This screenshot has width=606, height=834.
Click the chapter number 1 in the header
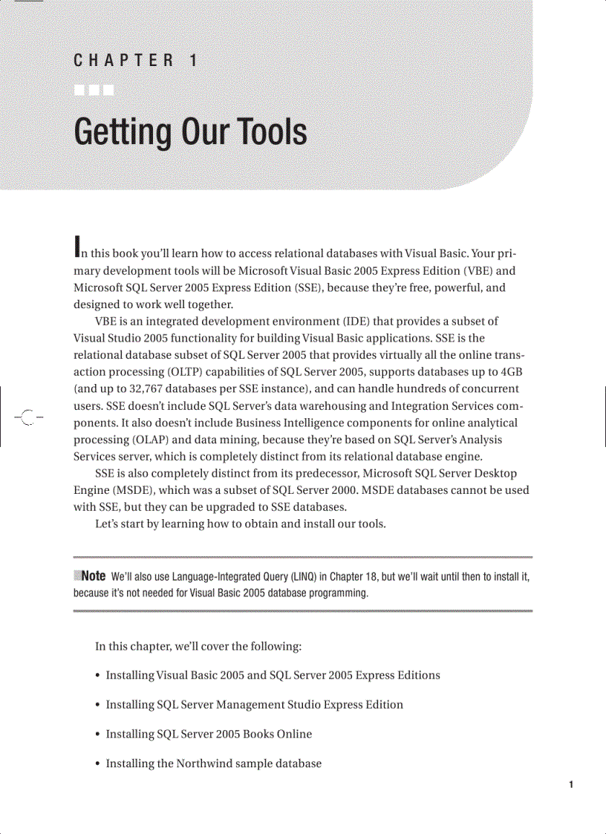(x=193, y=61)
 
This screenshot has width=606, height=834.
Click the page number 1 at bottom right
(x=570, y=784)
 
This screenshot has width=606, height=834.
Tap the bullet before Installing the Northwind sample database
(x=98, y=763)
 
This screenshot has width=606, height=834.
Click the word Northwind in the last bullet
(x=206, y=763)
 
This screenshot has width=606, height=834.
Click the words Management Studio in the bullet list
(x=257, y=704)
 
